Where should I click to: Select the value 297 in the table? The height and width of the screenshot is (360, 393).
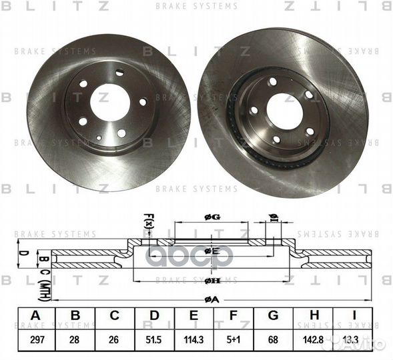(x=35, y=340)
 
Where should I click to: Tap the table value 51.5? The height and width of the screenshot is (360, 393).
(x=155, y=340)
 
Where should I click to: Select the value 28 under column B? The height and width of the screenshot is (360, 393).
(x=75, y=340)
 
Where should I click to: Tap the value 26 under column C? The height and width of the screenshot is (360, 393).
(x=115, y=340)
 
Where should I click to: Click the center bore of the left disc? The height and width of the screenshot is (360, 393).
(x=109, y=102)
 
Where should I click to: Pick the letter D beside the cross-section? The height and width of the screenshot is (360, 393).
(x=21, y=253)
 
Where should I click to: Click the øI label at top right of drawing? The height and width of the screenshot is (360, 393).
(x=272, y=216)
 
